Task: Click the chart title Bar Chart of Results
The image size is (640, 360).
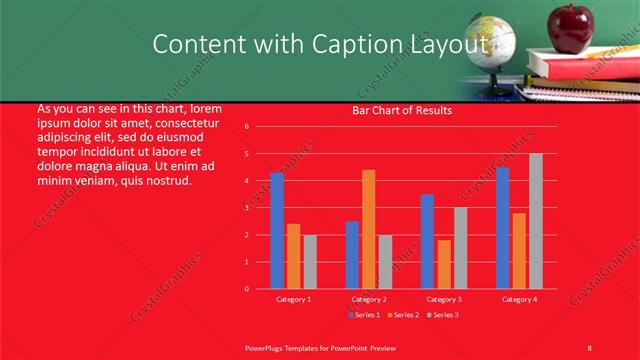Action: [x=402, y=110]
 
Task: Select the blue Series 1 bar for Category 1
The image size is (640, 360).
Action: [x=277, y=231]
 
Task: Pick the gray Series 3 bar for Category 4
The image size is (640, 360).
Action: [x=536, y=221]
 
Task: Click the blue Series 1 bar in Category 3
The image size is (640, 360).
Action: [x=427, y=241]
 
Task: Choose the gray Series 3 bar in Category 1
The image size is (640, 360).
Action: [x=310, y=261]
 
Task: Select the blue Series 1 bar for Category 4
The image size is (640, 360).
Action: [x=503, y=228]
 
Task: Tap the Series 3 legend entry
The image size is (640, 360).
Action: [x=444, y=315]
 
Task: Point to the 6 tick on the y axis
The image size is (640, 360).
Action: [x=246, y=127]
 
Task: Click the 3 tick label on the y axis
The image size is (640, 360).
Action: [x=246, y=208]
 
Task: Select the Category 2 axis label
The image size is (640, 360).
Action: [x=369, y=299]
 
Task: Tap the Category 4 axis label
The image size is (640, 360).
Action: [x=519, y=299]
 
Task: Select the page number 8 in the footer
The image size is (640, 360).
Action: [x=589, y=347]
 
